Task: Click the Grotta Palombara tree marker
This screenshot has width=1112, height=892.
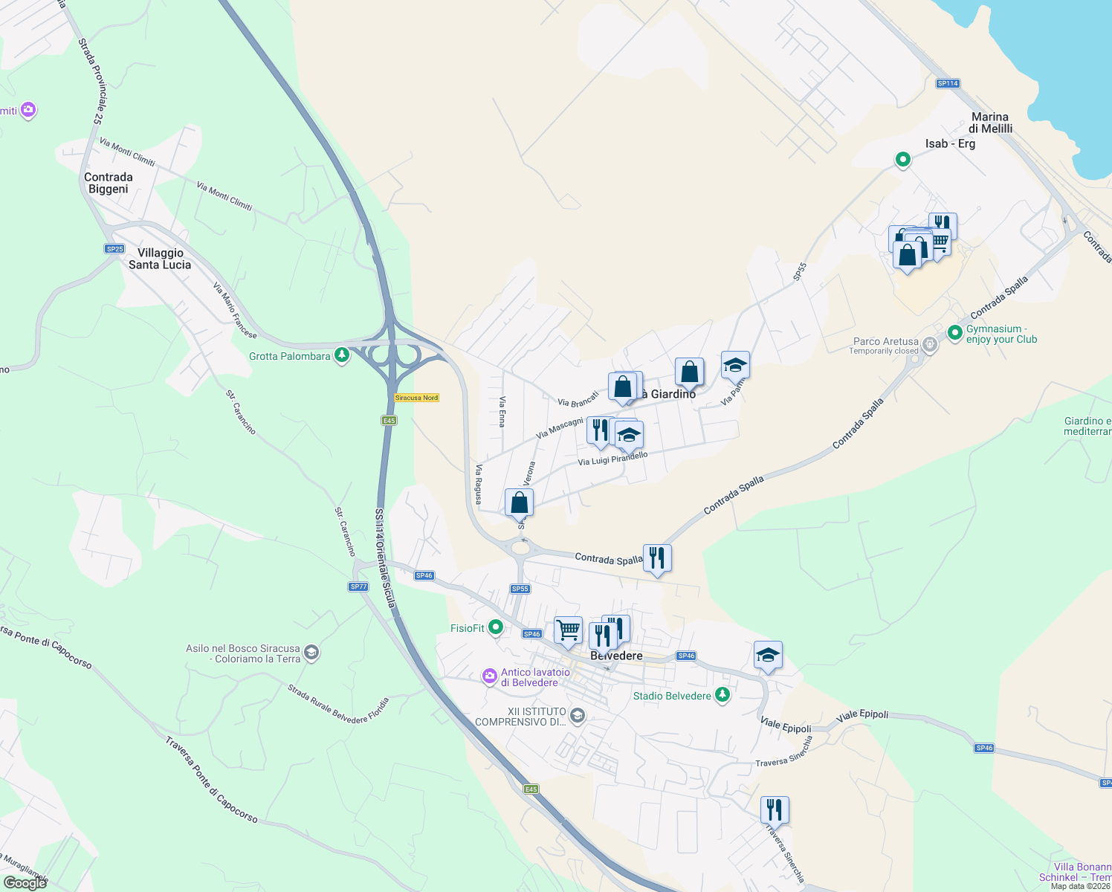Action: (342, 355)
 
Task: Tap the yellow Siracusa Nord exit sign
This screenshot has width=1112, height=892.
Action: (416, 398)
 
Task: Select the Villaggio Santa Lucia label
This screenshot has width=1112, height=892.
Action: (160, 259)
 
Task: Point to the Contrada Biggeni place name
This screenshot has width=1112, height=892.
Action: (109, 183)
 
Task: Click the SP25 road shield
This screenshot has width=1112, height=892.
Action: (114, 249)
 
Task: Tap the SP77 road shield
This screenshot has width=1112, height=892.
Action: (358, 586)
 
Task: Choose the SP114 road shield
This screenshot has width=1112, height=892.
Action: (948, 83)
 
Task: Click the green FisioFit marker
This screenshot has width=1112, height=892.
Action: (496, 627)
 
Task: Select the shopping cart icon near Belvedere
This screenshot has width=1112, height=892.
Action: (568, 630)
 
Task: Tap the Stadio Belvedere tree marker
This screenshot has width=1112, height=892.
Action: (722, 695)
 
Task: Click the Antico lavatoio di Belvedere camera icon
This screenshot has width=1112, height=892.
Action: (489, 676)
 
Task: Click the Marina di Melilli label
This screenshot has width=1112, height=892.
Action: (990, 123)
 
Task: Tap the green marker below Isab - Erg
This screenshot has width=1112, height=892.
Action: (902, 159)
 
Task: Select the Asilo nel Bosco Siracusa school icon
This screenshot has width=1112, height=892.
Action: (311, 653)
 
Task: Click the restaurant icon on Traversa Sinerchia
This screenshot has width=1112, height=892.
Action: (775, 809)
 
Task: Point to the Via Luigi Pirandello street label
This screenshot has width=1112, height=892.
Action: (612, 459)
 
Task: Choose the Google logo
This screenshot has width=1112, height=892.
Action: (25, 882)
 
